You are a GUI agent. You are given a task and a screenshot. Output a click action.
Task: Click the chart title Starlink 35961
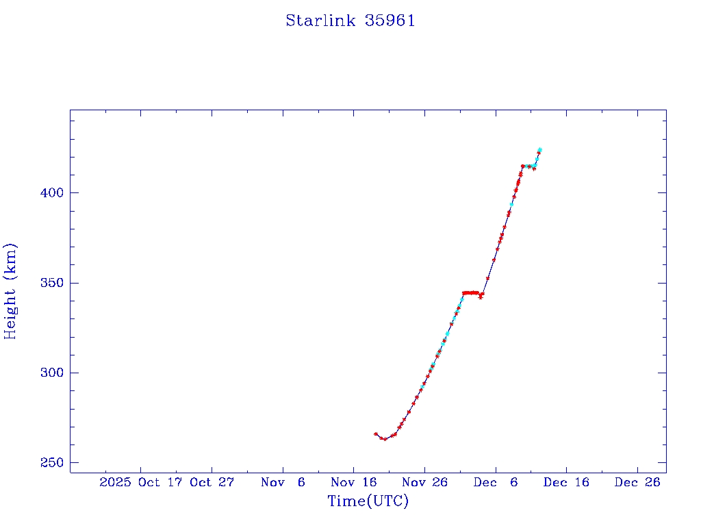tap(350, 21)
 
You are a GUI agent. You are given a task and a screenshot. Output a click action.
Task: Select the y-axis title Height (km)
tap(11, 291)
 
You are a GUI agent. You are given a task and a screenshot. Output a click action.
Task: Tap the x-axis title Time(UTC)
tap(368, 501)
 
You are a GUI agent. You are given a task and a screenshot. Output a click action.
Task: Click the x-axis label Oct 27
tap(212, 482)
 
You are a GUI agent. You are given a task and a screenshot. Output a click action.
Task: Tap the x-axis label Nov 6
tap(283, 482)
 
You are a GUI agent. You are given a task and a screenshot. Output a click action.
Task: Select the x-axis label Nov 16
tap(353, 482)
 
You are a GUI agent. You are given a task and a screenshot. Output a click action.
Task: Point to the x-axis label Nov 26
tap(424, 482)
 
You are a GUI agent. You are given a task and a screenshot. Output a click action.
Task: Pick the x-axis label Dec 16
tap(566, 482)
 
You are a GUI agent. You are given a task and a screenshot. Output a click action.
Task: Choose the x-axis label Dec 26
tap(637, 482)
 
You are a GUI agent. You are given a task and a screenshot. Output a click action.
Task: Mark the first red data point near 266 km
tap(376, 434)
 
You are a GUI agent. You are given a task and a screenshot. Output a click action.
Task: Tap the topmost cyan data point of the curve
tap(539, 149)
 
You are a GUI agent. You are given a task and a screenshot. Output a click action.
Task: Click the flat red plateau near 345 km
tap(471, 293)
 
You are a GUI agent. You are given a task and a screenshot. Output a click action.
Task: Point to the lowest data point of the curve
tap(385, 439)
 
